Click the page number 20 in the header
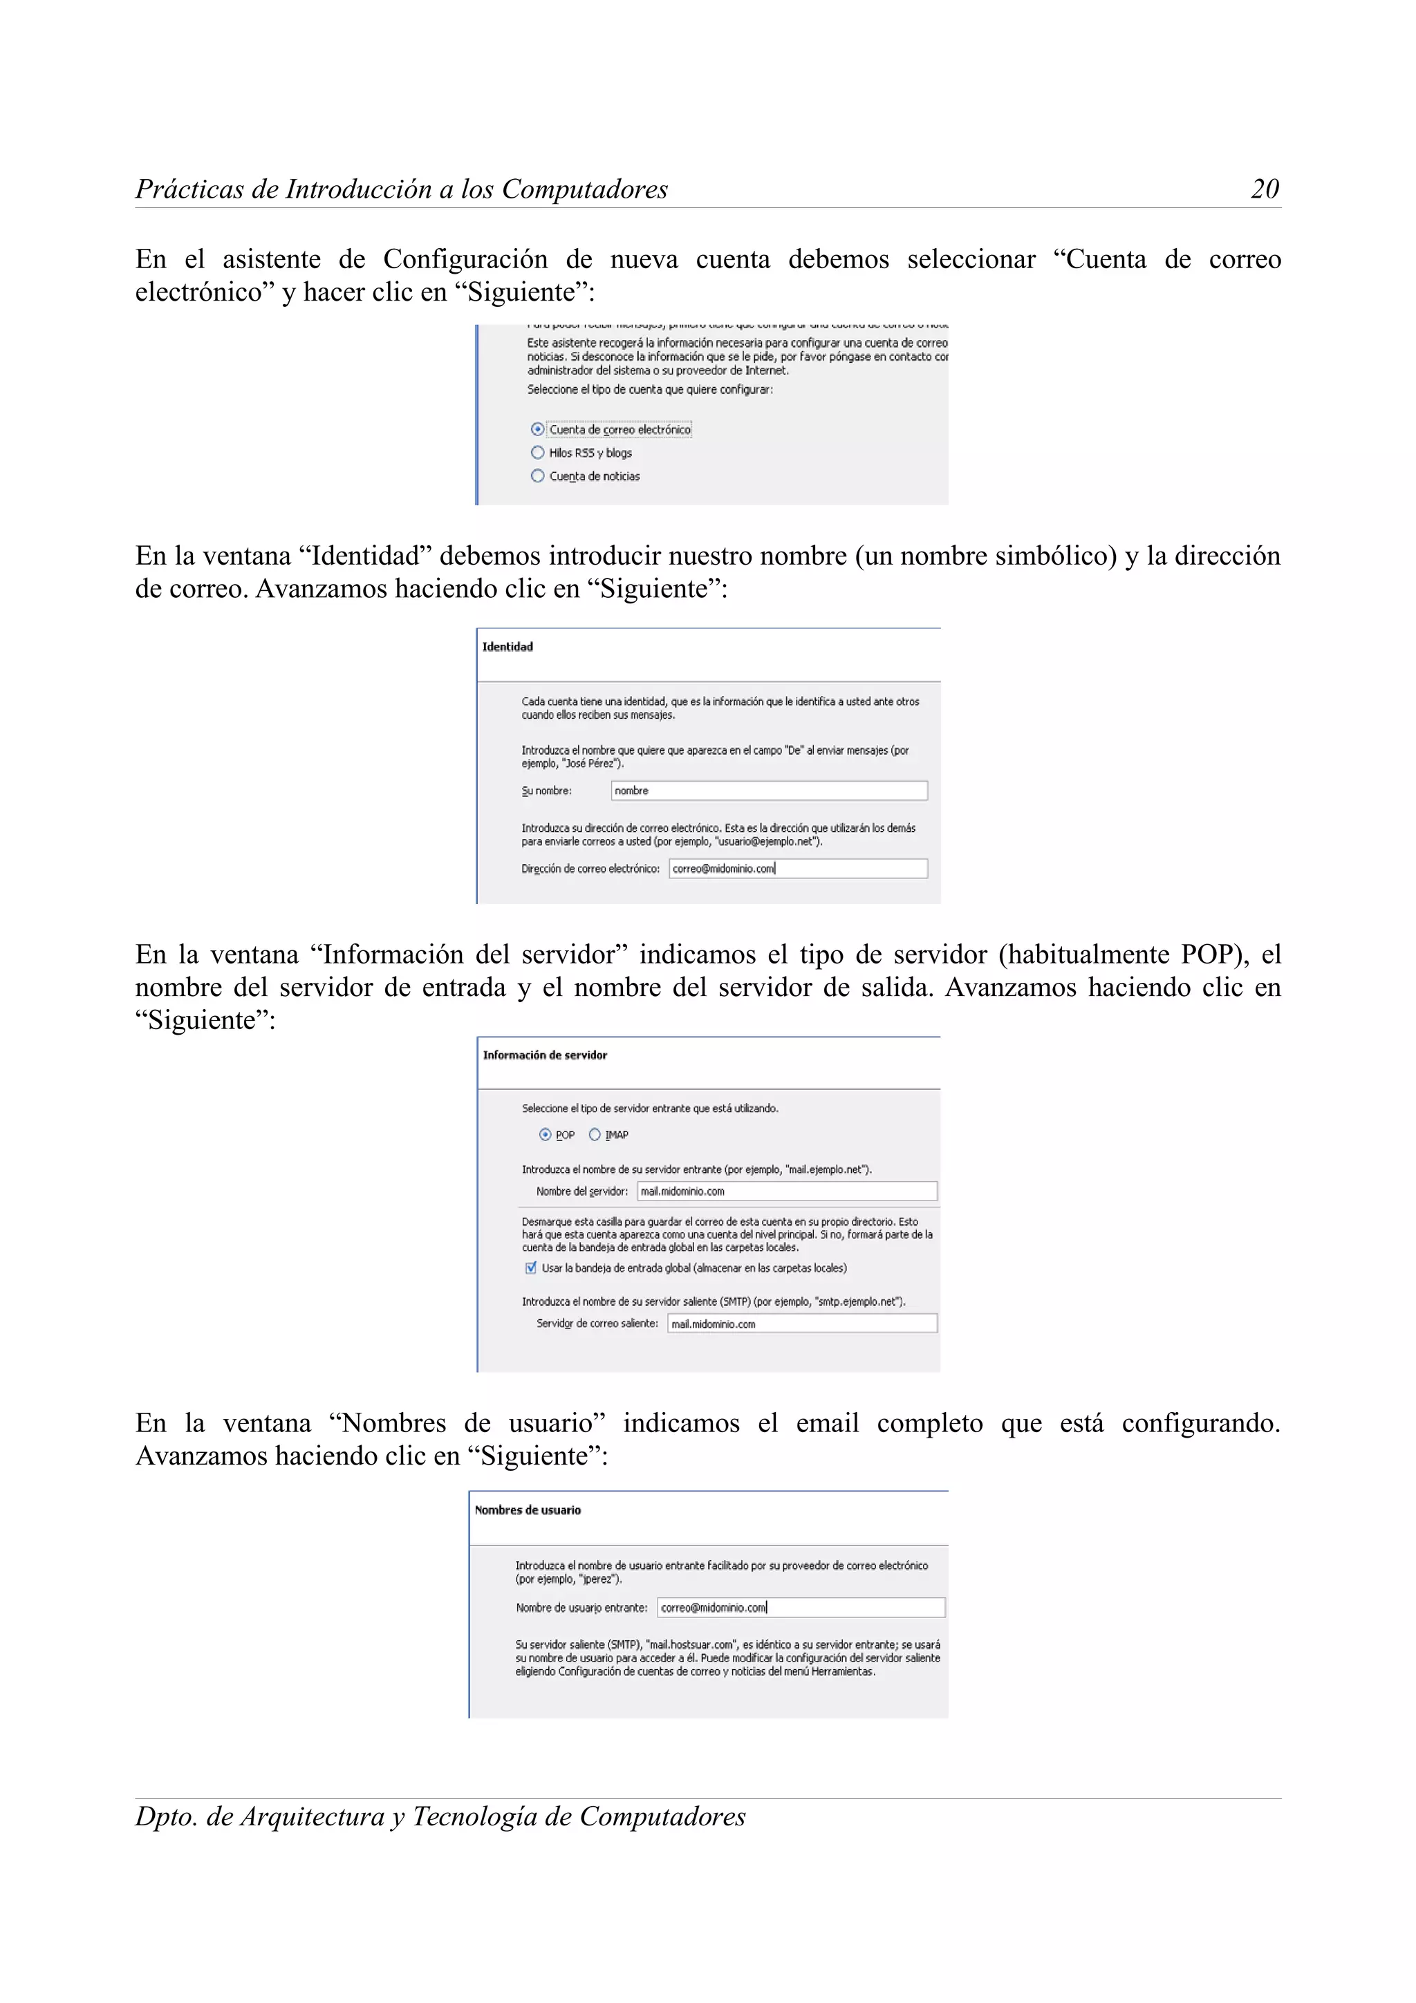coord(1264,189)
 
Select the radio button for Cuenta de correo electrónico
coord(537,429)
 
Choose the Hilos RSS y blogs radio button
coord(537,453)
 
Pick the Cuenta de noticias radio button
coord(537,476)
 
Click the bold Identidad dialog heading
coord(507,646)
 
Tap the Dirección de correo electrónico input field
coord(797,869)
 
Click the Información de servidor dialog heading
coord(544,1055)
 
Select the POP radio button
coord(546,1135)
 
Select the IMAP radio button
coord(595,1135)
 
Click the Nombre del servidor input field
coord(786,1192)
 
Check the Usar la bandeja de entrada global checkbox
coord(530,1268)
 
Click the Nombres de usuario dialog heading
coord(527,1510)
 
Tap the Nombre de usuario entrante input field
coord(800,1608)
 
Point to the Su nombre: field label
coord(546,791)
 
